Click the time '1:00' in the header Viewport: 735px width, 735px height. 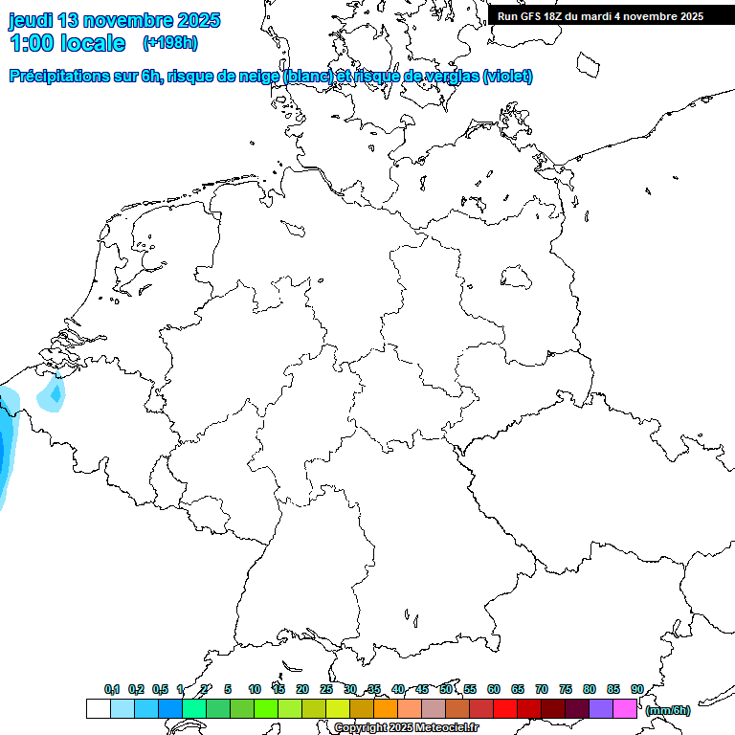[x=33, y=43]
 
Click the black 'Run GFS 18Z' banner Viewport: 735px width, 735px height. [x=601, y=16]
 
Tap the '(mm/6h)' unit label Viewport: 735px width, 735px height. [x=667, y=710]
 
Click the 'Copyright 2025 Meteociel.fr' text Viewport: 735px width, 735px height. [x=406, y=728]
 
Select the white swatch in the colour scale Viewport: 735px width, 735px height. [x=98, y=708]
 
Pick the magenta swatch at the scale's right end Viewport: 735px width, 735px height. [x=625, y=708]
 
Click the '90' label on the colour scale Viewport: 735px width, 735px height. [x=636, y=689]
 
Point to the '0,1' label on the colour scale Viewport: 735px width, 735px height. [x=112, y=689]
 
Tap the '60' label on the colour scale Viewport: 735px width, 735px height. [x=494, y=689]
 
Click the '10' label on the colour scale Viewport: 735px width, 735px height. [x=255, y=689]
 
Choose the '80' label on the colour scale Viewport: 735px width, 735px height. [x=590, y=689]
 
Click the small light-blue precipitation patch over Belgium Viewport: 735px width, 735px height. [x=53, y=394]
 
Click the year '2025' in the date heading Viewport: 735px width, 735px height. [x=197, y=20]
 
